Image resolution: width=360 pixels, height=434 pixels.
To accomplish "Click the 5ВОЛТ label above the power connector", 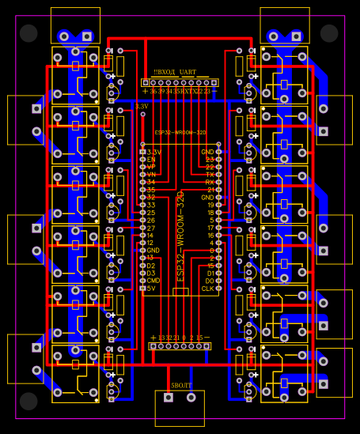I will (x=181, y=385).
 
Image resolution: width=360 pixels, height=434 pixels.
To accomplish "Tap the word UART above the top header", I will (x=188, y=72).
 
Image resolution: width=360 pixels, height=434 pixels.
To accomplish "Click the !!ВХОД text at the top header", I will (x=165, y=72).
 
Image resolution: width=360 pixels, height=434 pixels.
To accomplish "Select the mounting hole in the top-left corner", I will (x=29, y=33).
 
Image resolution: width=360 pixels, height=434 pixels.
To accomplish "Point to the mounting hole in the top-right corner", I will (x=330, y=33).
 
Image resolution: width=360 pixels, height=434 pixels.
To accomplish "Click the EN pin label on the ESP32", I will (x=151, y=160).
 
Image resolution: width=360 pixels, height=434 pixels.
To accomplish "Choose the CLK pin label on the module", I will (x=207, y=289).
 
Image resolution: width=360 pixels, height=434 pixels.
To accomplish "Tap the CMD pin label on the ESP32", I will (x=153, y=281).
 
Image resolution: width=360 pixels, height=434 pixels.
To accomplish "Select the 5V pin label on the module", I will (x=151, y=289).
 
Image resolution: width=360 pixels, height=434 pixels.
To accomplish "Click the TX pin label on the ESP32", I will (x=210, y=175).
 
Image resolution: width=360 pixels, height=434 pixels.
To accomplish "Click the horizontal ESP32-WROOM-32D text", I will (x=180, y=133).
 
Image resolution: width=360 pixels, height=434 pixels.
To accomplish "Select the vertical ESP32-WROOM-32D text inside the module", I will (x=180, y=236).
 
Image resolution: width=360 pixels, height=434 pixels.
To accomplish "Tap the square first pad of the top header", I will (x=146, y=82).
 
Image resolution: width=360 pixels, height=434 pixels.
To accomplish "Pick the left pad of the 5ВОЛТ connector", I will (x=167, y=399).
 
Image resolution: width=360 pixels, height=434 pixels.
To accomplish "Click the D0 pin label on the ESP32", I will (x=209, y=281).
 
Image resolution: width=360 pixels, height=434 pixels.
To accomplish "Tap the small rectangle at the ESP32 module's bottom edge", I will (x=180, y=292).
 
